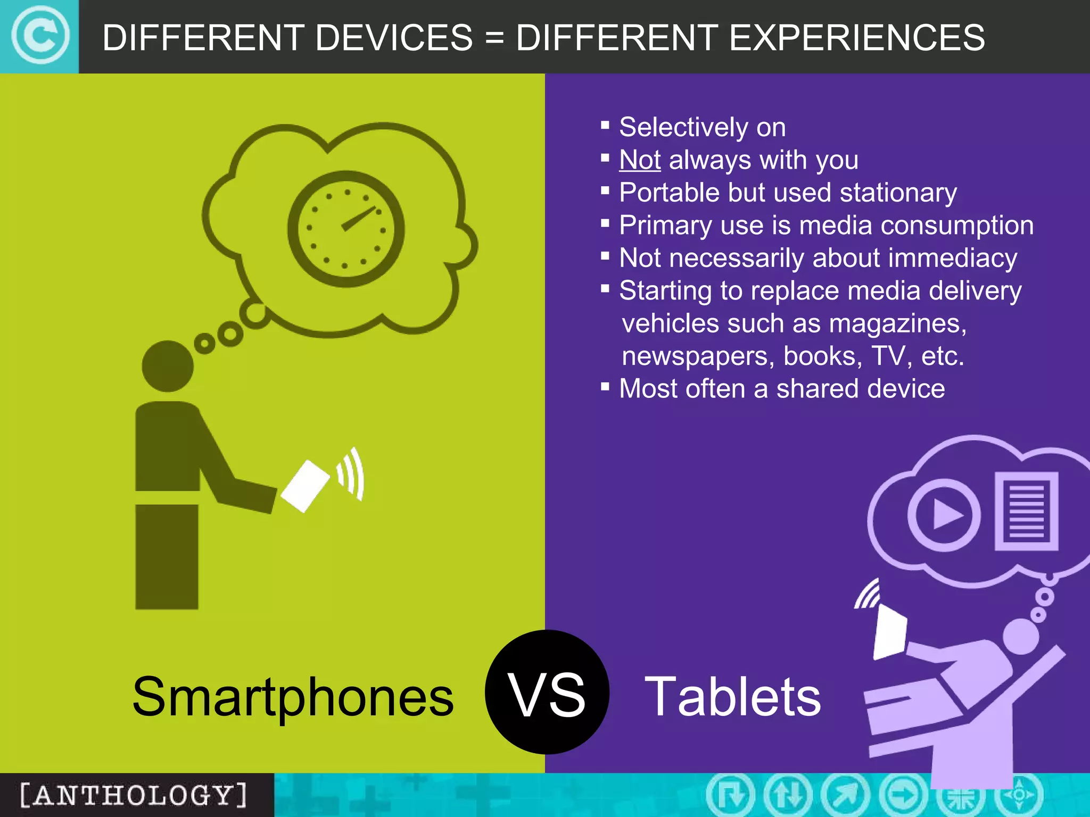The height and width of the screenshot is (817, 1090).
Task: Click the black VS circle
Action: [547, 691]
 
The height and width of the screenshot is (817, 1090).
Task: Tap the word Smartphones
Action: [293, 697]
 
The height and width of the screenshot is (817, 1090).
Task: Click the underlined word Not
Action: [640, 160]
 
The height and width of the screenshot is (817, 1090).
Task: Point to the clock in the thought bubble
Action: [346, 229]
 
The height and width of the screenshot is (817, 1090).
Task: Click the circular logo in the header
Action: [40, 36]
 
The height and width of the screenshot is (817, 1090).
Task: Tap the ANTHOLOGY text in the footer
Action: [133, 795]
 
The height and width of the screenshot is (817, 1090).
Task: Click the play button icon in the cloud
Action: [944, 515]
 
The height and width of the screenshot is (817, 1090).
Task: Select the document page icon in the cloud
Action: [1026, 511]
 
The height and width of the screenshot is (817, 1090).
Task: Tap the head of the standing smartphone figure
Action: [167, 366]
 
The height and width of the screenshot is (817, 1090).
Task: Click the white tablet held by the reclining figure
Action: [890, 633]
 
